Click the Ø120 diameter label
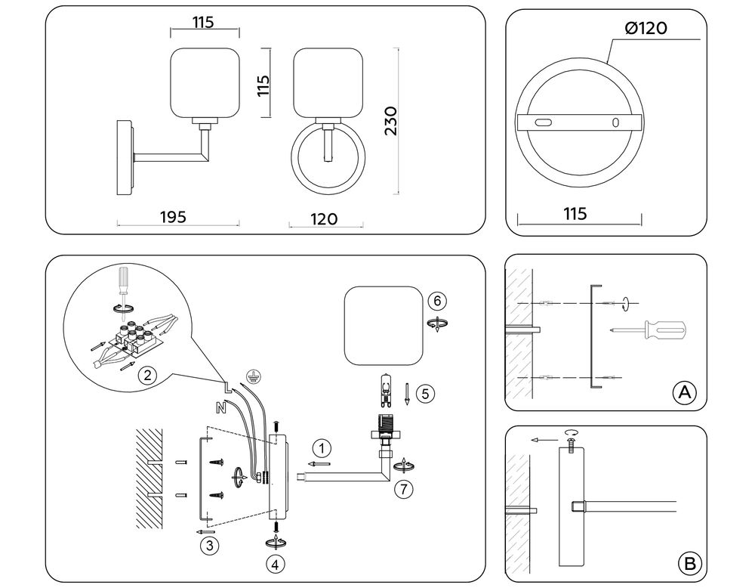click(x=646, y=28)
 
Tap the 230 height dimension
click(x=391, y=121)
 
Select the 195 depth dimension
click(x=173, y=217)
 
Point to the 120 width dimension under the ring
click(x=324, y=219)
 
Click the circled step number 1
click(x=322, y=449)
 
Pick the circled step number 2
click(x=148, y=374)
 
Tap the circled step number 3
click(x=210, y=546)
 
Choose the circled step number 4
click(x=275, y=565)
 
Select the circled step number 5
click(x=425, y=394)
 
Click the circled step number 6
click(x=437, y=302)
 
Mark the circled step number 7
click(x=403, y=489)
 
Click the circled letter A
click(x=684, y=393)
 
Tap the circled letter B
click(x=689, y=563)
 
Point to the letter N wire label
click(x=221, y=407)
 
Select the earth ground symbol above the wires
click(x=253, y=376)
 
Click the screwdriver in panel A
click(x=648, y=330)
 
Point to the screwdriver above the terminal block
click(x=123, y=289)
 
